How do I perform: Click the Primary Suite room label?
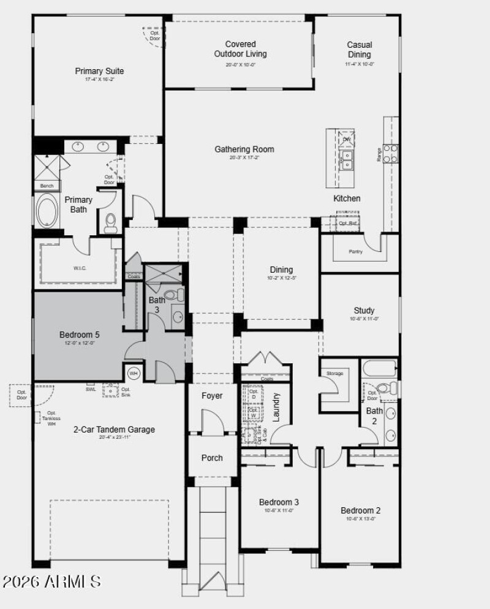tap(99, 71)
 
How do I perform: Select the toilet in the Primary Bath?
tap(111, 222)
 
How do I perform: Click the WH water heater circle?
tap(133, 373)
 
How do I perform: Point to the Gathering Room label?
tap(244, 149)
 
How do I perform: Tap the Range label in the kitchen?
tap(380, 154)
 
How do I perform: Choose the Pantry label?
tap(355, 251)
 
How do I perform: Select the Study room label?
tap(364, 311)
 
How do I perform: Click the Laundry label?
tap(276, 407)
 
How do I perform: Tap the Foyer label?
tap(212, 396)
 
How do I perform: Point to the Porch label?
tap(212, 458)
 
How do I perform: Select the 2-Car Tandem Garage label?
tap(114, 429)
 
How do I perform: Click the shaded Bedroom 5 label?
tap(79, 335)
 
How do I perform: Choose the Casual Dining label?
tap(359, 49)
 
